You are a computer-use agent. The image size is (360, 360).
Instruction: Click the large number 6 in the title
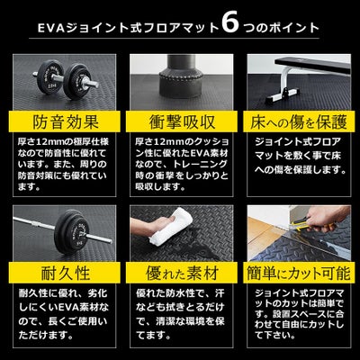(232, 24)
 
